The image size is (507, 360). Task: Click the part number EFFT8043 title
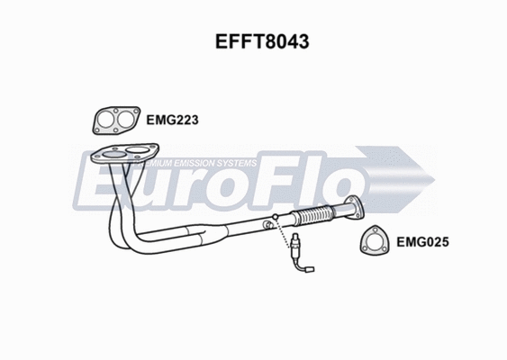point(253,41)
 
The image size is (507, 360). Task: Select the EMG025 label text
point(423,241)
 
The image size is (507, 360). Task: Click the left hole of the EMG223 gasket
point(106,119)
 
